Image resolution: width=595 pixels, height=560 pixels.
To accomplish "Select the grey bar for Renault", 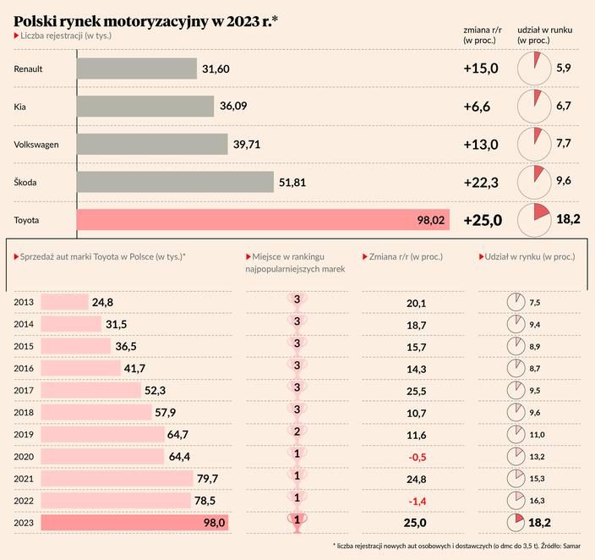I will pos(136,69).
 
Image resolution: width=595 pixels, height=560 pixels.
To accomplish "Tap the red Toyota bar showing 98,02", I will pos(263,220).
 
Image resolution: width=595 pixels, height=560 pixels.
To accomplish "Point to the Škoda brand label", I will pos(26,182).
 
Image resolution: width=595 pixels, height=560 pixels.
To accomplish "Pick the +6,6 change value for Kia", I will pos(477,107).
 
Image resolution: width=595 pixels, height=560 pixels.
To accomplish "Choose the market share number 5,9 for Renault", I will pos(564,69).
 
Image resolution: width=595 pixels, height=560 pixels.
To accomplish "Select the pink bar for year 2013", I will pos(64,302).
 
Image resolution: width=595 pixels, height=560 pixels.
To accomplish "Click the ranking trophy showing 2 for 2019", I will pos(297,431).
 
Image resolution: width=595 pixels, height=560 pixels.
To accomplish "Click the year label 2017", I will pos(25,390).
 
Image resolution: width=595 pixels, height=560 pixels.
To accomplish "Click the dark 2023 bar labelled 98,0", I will pos(134,523).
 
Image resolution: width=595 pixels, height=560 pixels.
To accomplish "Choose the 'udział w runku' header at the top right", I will pos(544,29).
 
